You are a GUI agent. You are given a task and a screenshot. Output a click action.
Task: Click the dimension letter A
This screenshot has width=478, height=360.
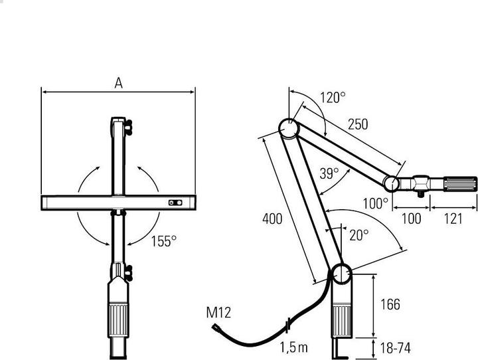point(119,83)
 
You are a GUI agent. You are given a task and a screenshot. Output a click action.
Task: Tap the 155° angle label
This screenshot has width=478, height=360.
point(164,241)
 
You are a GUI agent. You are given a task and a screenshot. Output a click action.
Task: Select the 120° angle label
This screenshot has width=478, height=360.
point(333,98)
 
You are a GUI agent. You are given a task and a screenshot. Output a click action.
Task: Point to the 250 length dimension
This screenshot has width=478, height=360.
point(358,124)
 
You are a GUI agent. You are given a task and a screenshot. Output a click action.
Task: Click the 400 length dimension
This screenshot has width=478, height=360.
point(272,219)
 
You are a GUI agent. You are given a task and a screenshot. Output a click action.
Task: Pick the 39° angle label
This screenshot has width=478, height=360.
point(329,173)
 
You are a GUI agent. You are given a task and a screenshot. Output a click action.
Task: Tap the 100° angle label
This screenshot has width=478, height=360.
point(376,203)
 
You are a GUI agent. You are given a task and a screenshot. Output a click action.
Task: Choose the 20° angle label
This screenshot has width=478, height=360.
point(358,235)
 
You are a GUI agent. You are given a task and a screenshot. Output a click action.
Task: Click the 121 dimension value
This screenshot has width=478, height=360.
point(453,219)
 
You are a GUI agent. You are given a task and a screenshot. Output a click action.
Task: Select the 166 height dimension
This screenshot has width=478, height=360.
point(390,304)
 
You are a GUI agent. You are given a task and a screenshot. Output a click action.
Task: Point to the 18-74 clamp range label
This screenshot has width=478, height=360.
point(396,348)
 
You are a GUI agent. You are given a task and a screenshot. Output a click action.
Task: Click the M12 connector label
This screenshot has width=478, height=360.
point(218,312)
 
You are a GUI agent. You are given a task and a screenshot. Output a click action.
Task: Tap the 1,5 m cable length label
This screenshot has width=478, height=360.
point(294,347)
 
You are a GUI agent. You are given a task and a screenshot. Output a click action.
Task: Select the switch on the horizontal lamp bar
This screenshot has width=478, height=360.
point(175,203)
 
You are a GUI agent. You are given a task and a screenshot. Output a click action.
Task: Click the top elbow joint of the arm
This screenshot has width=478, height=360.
point(289,129)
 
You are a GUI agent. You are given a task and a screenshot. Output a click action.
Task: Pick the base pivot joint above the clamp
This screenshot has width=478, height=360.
point(341,274)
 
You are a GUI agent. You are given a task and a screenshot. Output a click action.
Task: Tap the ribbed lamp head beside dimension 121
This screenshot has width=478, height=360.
point(460,184)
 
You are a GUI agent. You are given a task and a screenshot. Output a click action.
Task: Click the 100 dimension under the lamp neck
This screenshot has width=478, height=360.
point(412,219)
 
